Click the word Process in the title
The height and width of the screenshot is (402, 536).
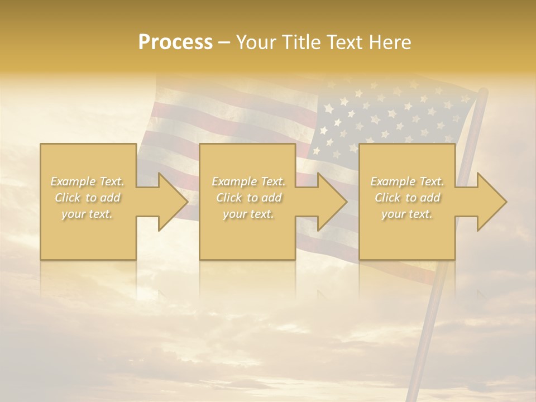pyautogui.click(x=175, y=42)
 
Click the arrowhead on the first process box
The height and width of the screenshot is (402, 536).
pyautogui.click(x=173, y=202)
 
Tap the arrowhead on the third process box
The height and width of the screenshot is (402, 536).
pyautogui.click(x=491, y=202)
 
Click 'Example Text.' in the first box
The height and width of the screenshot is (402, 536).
pyautogui.click(x=87, y=181)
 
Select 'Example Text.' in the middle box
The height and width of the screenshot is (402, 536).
pyautogui.click(x=248, y=181)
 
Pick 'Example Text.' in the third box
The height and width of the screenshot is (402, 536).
pyautogui.click(x=407, y=181)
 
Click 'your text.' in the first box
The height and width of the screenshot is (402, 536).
pyautogui.click(x=87, y=214)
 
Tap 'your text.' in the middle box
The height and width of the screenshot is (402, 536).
pyautogui.click(x=248, y=214)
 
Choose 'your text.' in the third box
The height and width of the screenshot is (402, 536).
pyautogui.click(x=407, y=214)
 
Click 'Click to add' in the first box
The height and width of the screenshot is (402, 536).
pyautogui.click(x=87, y=198)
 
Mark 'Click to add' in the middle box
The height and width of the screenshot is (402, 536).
pyautogui.click(x=248, y=198)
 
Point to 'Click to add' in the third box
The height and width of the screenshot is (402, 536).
pyautogui.click(x=407, y=198)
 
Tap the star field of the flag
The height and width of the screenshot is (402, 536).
pyautogui.click(x=385, y=120)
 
